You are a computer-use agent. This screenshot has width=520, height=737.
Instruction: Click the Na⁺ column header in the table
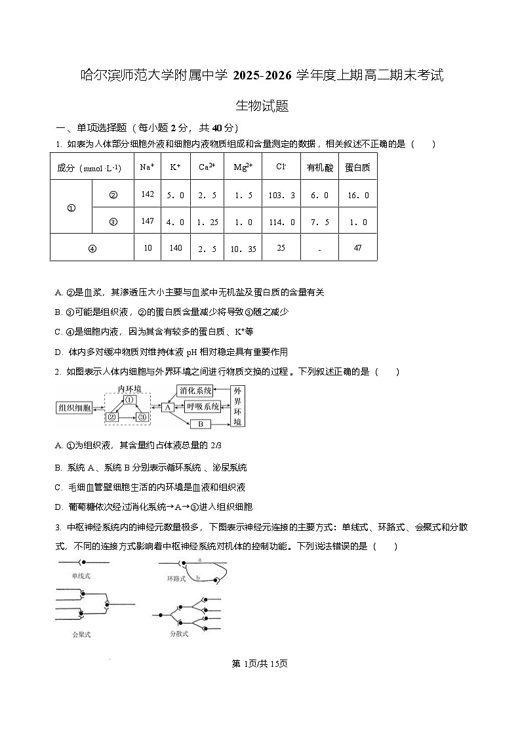click(147, 167)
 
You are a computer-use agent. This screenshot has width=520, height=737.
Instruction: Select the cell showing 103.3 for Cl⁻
click(282, 195)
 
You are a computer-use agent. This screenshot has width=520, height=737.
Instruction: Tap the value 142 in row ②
click(147, 194)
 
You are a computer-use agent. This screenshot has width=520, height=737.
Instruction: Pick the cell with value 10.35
click(244, 248)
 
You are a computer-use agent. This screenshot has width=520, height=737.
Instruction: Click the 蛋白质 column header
click(357, 167)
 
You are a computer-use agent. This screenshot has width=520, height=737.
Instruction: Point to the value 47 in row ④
click(357, 247)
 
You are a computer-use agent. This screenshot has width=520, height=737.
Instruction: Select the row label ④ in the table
click(92, 248)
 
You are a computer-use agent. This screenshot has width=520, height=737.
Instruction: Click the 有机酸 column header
click(319, 167)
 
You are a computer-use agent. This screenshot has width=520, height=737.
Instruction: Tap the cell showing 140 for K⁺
click(175, 247)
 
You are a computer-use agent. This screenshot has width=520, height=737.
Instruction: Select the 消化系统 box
click(196, 390)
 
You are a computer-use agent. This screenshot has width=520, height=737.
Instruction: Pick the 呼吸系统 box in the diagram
click(201, 407)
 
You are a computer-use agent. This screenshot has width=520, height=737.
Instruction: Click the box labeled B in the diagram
click(201, 424)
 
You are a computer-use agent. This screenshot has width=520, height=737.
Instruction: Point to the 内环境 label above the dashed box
click(129, 389)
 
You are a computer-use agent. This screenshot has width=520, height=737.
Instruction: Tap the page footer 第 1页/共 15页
click(260, 663)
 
